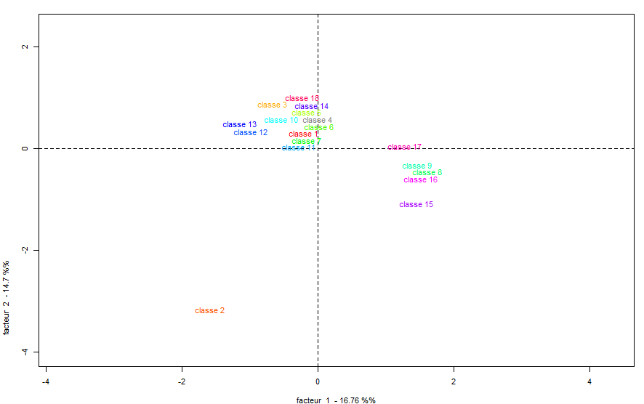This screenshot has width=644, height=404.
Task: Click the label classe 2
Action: pos(209,311)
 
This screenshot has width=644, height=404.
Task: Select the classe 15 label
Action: pos(416,205)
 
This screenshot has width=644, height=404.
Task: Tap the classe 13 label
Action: pos(240,125)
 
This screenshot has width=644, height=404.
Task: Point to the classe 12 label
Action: pos(251,133)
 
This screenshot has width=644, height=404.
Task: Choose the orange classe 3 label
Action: pos(272,105)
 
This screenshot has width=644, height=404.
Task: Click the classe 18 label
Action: pos(302,98)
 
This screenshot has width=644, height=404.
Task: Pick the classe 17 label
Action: pos(404,148)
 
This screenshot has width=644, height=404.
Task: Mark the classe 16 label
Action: pos(421,180)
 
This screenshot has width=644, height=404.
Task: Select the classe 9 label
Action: pos(417,166)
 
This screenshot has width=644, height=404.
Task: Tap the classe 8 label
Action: pos(427,173)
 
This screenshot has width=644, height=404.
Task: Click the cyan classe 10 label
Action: pos(281,121)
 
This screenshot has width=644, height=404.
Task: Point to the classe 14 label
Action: pos(312,107)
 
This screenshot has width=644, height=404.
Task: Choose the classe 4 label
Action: pos(318,121)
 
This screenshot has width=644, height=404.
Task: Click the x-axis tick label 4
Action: pos(589,381)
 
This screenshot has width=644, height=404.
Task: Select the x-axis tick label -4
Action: pos(45,381)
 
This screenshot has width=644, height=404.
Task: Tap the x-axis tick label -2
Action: pos(181,381)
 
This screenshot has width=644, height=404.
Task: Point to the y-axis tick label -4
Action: pos(24,352)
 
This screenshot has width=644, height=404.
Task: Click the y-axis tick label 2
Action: pos(24,47)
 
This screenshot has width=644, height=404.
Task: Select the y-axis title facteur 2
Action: pos(7,296)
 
